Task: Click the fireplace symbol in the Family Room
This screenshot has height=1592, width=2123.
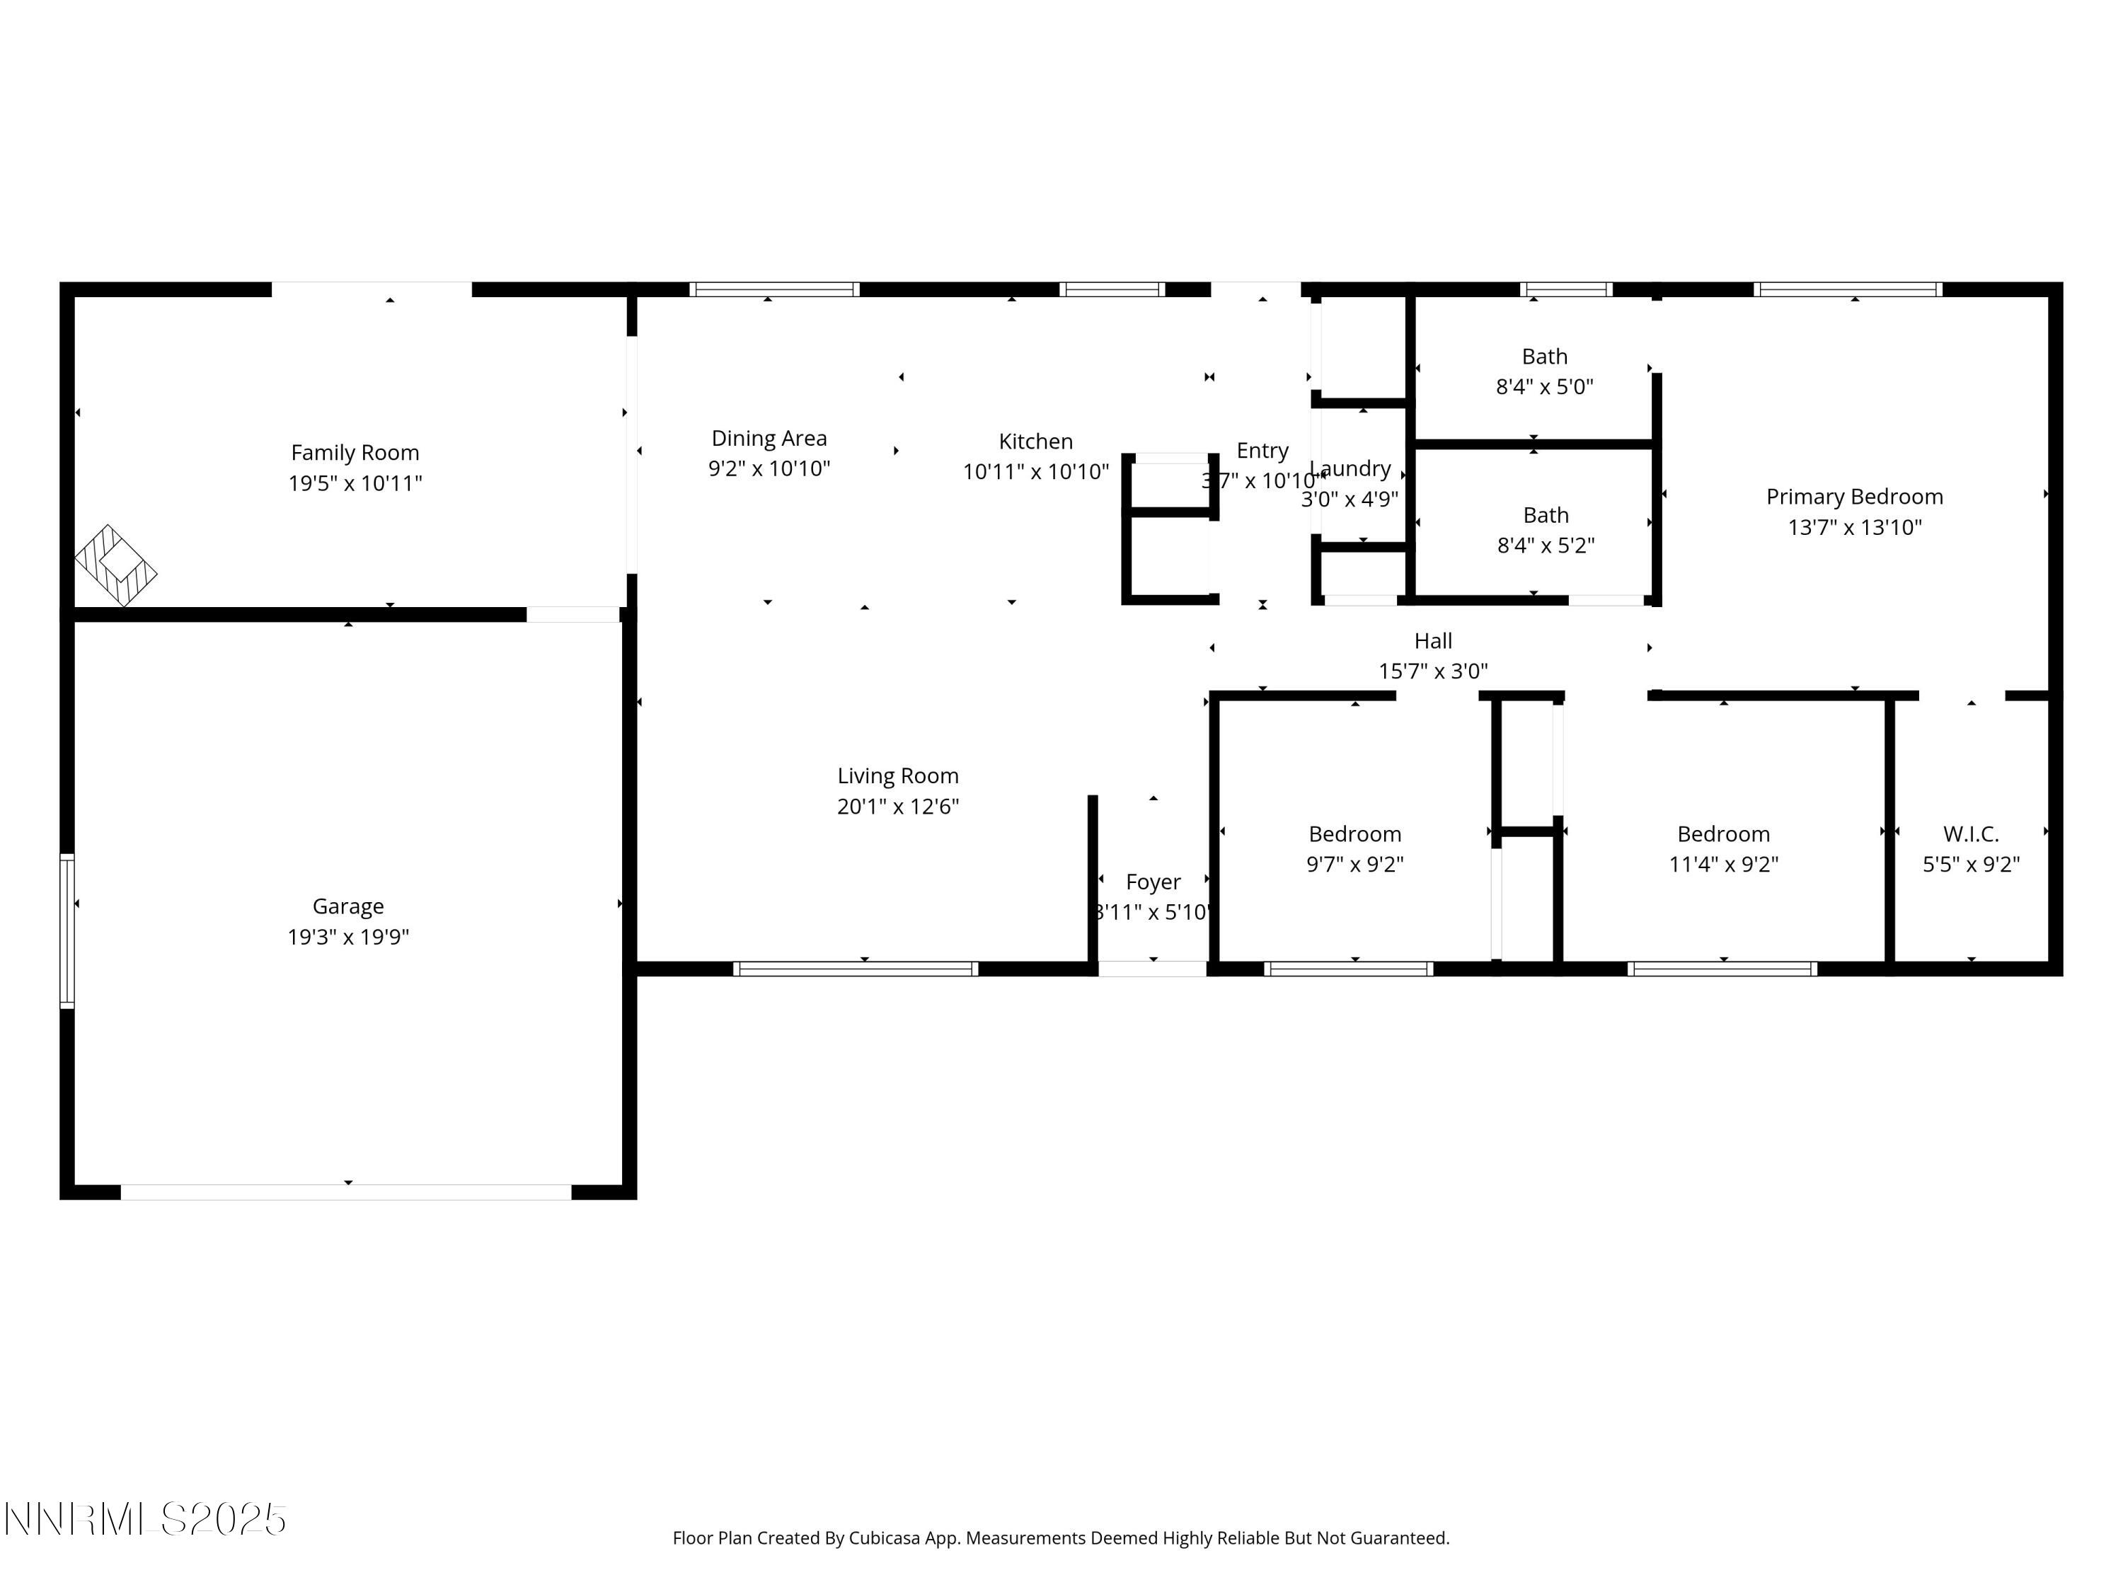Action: click(116, 565)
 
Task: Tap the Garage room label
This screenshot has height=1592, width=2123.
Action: click(347, 906)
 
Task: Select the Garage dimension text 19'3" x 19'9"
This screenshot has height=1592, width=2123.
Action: click(347, 937)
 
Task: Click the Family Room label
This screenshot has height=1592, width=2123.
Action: click(355, 452)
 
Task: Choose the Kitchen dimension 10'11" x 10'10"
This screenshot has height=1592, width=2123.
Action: click(1035, 472)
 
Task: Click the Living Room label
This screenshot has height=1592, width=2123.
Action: click(897, 775)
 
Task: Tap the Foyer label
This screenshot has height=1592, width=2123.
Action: click(1153, 882)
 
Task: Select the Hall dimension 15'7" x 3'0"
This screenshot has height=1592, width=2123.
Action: click(1433, 671)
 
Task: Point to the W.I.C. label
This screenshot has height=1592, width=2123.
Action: click(1970, 834)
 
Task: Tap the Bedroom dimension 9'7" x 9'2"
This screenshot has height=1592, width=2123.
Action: click(1354, 865)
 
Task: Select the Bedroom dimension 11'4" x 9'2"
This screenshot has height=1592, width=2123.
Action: click(1722, 865)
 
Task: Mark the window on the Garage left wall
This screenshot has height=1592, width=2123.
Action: click(67, 931)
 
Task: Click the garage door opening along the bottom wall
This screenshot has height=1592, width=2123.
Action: click(345, 1192)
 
